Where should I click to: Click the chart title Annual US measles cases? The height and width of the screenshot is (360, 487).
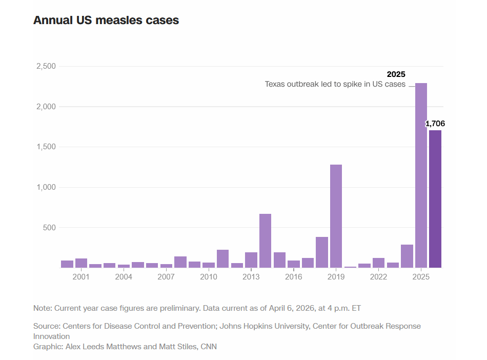click(x=106, y=21)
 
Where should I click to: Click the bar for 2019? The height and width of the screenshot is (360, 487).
click(x=336, y=216)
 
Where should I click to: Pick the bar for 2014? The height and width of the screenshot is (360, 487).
click(x=265, y=241)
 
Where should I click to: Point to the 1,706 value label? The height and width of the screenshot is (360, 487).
click(x=435, y=124)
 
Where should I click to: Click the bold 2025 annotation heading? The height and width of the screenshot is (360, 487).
click(x=396, y=74)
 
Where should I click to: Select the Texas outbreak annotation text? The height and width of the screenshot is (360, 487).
click(x=335, y=84)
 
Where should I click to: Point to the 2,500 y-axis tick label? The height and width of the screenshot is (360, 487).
click(x=46, y=67)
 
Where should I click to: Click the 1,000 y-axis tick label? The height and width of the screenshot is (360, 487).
click(x=46, y=188)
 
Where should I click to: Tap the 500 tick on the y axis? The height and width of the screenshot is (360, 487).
click(x=49, y=228)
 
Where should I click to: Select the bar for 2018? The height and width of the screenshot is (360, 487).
click(x=322, y=252)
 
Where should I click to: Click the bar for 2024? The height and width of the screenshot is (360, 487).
click(x=407, y=256)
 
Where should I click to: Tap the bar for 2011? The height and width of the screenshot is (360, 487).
click(x=222, y=258)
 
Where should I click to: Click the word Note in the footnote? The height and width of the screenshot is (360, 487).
click(x=42, y=308)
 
